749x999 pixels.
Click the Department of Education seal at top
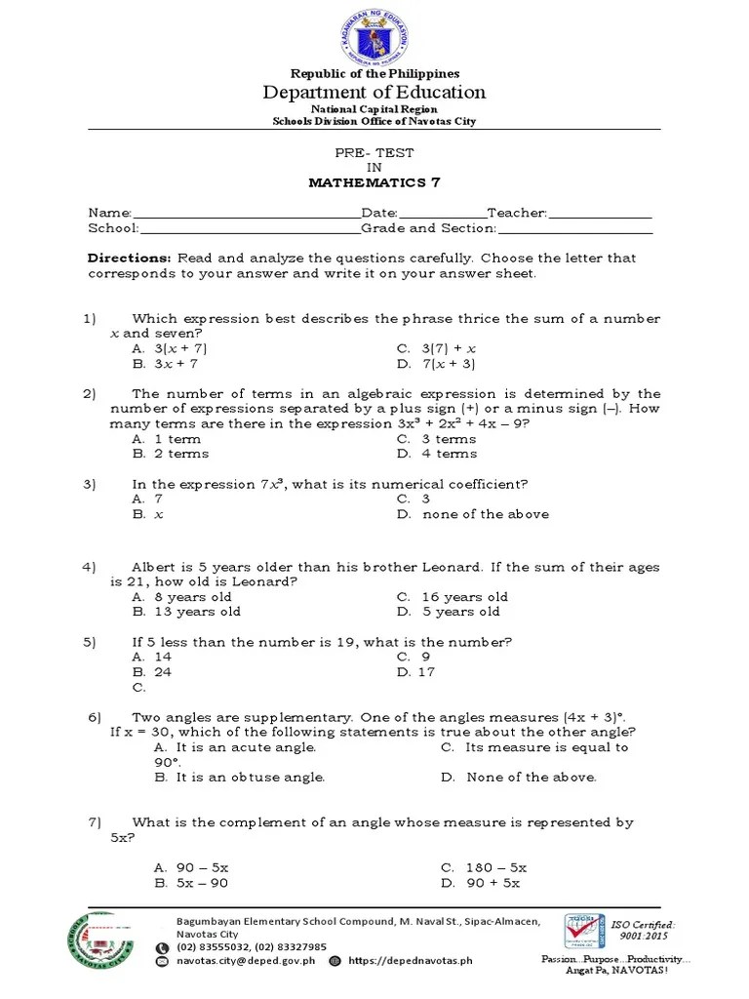pos(374,34)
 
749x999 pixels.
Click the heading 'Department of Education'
pos(374,93)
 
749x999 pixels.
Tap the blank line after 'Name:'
pos(246,214)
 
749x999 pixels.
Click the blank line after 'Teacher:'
pos(600,214)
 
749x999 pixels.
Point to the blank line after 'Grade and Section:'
pos(574,228)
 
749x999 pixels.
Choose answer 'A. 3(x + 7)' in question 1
pos(170,348)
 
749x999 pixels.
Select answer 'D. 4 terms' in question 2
pos(437,454)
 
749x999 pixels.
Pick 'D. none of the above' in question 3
pos(472,514)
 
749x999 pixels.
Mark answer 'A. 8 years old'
pos(182,597)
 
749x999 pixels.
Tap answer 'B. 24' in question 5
pos(152,672)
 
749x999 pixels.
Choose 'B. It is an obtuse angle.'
pos(239,778)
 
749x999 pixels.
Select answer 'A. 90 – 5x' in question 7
pos(191,867)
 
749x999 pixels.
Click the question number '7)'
pos(94,822)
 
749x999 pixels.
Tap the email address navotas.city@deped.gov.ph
pos(247,960)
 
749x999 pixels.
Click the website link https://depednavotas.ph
pos(410,960)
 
